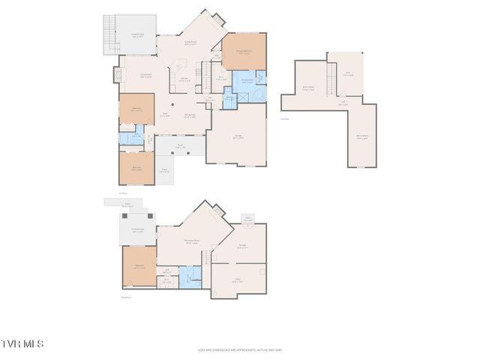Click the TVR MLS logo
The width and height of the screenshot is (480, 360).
click(22, 343)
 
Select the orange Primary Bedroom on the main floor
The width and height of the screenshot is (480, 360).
click(244, 52)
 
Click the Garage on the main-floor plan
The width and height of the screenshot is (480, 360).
click(237, 136)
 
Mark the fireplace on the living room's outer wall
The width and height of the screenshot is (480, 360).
click(117, 75)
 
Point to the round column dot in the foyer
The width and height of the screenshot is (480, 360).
click(172, 104)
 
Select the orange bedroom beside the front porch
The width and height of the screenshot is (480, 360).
click(136, 169)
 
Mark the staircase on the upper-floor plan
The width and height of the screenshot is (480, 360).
click(330, 75)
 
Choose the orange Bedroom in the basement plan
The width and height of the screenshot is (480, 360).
click(139, 266)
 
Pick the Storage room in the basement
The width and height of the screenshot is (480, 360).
click(242, 245)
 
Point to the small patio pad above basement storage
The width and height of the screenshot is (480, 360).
click(247, 219)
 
